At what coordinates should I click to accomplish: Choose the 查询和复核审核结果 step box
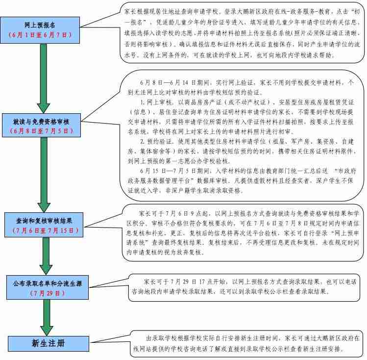[44, 221]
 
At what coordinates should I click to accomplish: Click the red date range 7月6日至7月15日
[44, 230]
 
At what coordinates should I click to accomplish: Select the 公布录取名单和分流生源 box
[47, 283]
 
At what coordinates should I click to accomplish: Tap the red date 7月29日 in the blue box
[47, 293]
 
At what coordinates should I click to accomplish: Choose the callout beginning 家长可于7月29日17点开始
[245, 286]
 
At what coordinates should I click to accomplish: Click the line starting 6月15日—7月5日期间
[240, 171]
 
